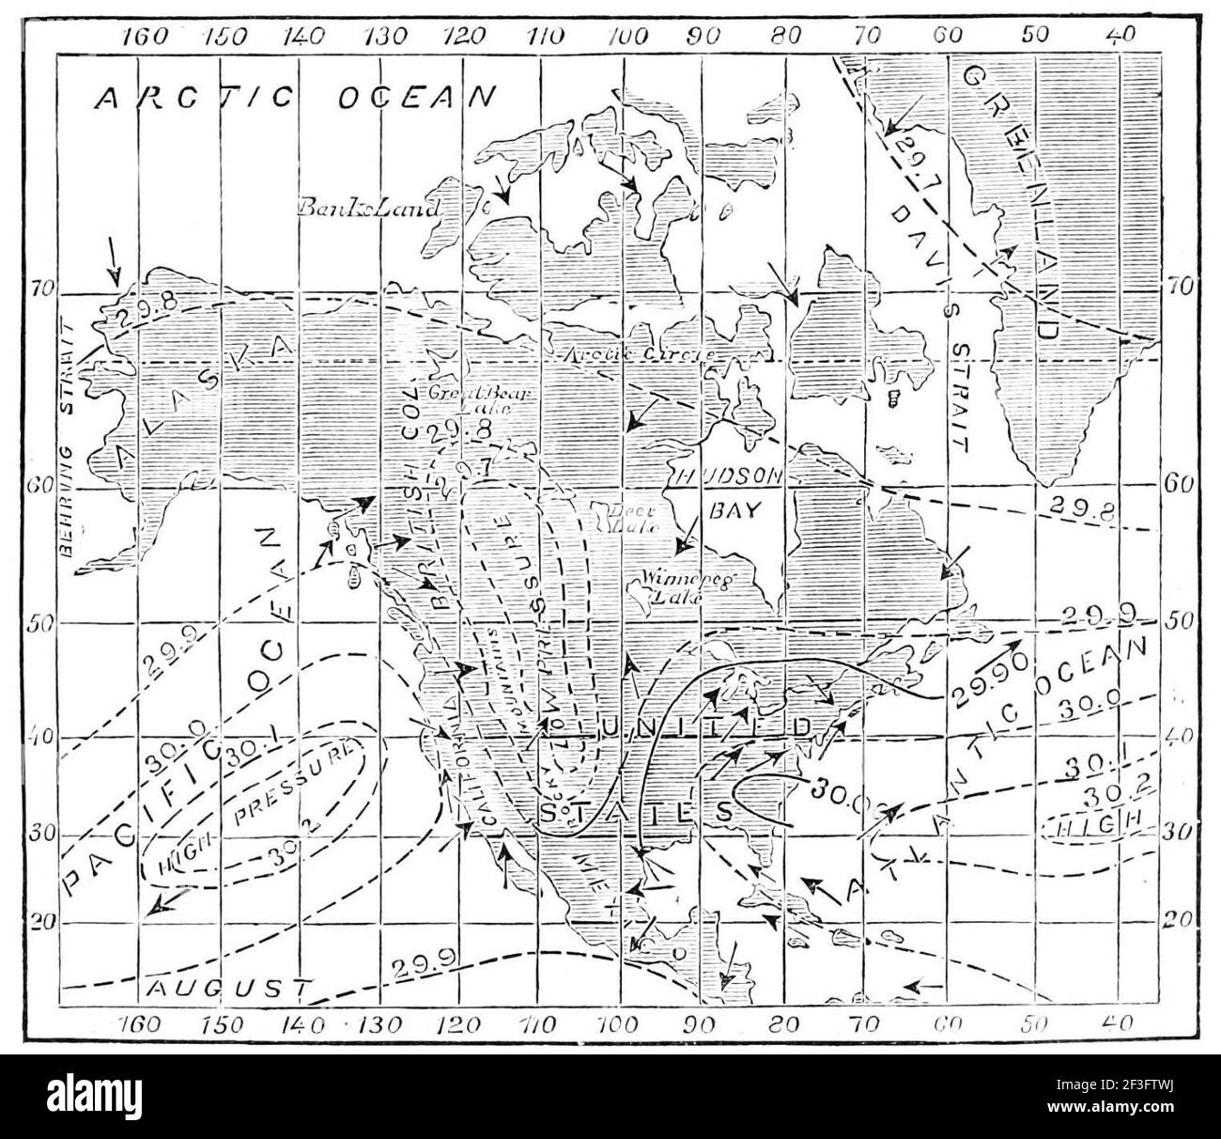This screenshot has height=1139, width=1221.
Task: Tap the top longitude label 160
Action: (145, 38)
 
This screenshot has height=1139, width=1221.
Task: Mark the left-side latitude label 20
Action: (44, 923)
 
